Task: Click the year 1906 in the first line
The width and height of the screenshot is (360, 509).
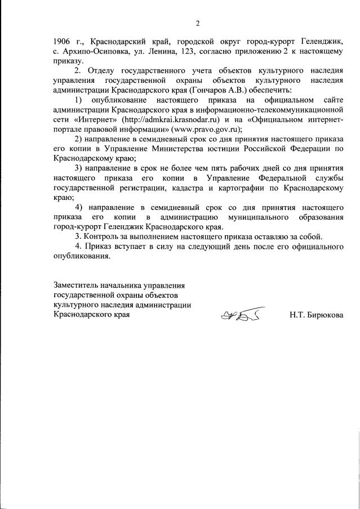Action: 62,42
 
